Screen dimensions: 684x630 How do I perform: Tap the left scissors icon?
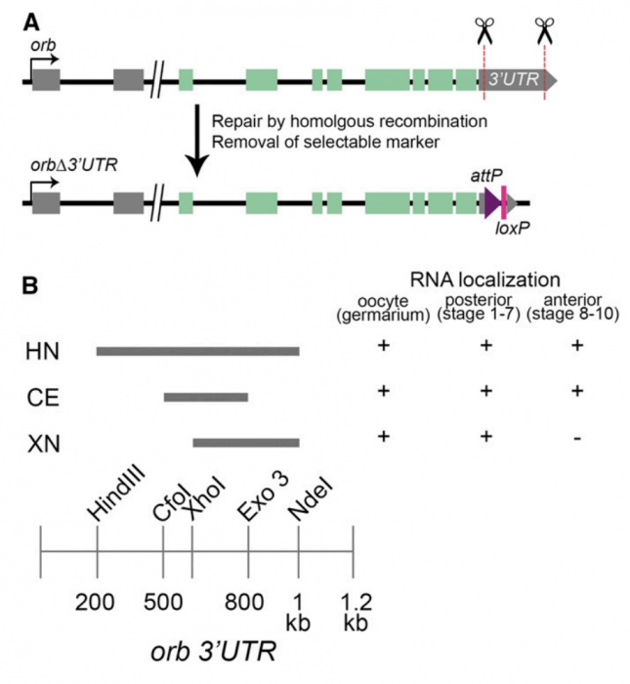click(x=483, y=30)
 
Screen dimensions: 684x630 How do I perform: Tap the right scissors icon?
click(x=544, y=30)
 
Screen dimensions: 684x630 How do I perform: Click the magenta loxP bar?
click(x=504, y=203)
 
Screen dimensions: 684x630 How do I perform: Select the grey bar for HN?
click(x=197, y=351)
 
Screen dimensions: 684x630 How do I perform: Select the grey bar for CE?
click(x=206, y=397)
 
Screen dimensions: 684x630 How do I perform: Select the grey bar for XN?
click(x=246, y=443)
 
